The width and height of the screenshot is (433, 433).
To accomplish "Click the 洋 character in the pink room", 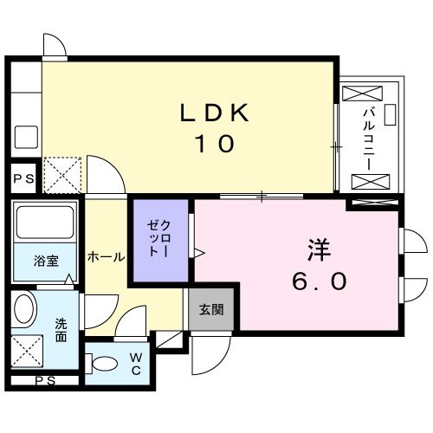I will click(x=315, y=249).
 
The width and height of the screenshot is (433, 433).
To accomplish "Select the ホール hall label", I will click(x=106, y=257).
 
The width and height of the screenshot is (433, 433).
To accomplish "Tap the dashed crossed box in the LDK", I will click(x=62, y=174).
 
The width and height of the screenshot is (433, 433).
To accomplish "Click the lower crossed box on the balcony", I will click(x=370, y=181).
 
